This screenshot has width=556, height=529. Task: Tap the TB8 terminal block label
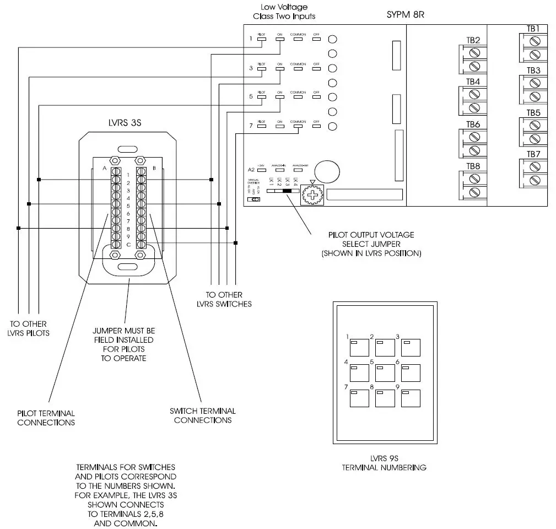[x=473, y=166]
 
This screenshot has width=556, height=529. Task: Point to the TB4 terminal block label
[x=473, y=82]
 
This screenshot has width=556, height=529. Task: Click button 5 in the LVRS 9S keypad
[x=385, y=373]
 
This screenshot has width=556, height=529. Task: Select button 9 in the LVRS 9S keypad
[x=411, y=398]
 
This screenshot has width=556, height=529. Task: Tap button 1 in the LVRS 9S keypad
[x=359, y=348]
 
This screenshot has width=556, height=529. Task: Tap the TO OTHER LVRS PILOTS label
[x=29, y=328]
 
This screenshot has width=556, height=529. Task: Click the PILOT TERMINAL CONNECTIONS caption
[x=46, y=418]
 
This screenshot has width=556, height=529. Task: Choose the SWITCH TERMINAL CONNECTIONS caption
[x=203, y=415]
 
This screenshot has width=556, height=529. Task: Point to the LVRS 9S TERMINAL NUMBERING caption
[x=384, y=463]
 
